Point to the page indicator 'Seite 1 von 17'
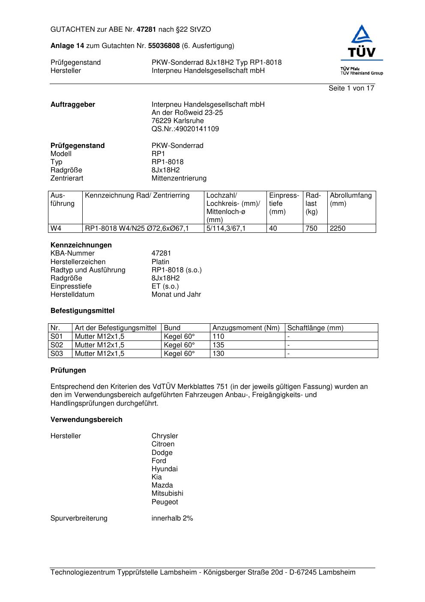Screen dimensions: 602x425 351,88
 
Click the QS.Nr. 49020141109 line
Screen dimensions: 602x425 185,129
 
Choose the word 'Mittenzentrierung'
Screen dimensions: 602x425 179,178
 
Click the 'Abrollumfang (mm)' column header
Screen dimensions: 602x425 350,199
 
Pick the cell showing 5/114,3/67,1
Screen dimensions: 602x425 226,229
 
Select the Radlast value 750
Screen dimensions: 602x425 311,229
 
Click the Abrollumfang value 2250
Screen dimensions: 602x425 338,229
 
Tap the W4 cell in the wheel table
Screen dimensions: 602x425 56,229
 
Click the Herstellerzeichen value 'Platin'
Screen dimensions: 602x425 160,262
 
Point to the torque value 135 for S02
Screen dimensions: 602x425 218,345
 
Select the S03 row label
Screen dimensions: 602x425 57,354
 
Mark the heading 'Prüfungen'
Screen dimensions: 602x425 68,370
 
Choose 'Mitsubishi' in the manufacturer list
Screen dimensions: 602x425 167,494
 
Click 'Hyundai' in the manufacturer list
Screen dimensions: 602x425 164,469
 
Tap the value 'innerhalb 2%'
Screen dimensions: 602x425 172,518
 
